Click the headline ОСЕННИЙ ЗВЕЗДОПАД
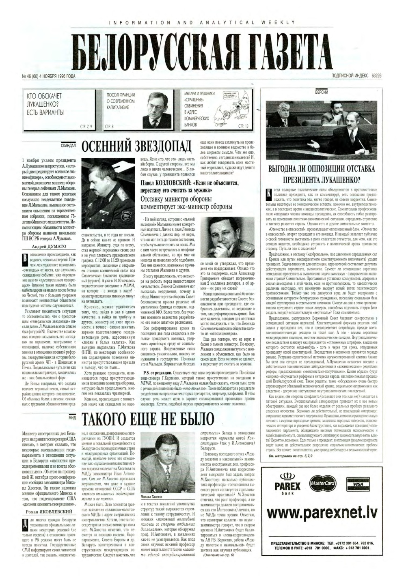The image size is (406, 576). click(136, 145)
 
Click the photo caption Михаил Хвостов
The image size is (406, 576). click(150, 507)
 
